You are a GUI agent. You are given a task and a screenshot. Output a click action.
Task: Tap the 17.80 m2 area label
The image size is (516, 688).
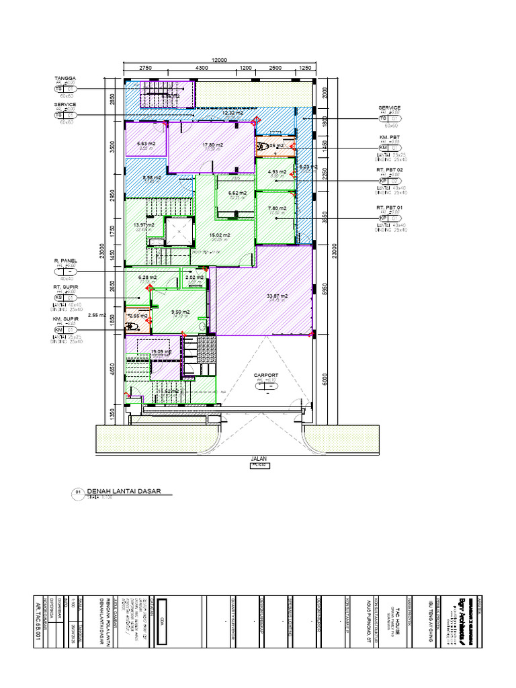(212, 144)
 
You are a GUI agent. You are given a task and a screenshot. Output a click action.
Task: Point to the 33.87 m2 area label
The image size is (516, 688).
(277, 296)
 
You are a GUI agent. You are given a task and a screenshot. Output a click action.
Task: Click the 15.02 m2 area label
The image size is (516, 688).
(220, 235)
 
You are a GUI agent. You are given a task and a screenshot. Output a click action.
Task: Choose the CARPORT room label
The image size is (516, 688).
(265, 376)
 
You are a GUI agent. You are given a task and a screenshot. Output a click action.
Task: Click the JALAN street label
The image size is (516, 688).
(259, 458)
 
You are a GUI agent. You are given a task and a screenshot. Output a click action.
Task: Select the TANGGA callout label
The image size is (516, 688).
(65, 78)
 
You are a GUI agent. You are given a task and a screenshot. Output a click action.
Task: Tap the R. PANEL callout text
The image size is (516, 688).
(65, 260)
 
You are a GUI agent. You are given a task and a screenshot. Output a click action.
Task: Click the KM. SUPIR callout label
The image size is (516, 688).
(66, 320)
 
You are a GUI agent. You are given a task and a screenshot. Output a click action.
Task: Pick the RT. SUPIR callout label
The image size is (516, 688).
(66, 286)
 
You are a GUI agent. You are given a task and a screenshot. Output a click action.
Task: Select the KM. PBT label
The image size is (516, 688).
(389, 136)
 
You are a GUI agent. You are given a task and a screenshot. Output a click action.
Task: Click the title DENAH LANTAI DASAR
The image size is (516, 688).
(120, 492)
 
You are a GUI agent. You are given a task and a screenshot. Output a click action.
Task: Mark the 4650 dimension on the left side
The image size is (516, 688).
(114, 372)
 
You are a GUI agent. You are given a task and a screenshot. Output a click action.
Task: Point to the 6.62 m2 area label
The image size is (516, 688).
(237, 193)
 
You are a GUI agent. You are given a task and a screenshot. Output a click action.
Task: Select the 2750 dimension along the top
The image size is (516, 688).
(144, 69)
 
